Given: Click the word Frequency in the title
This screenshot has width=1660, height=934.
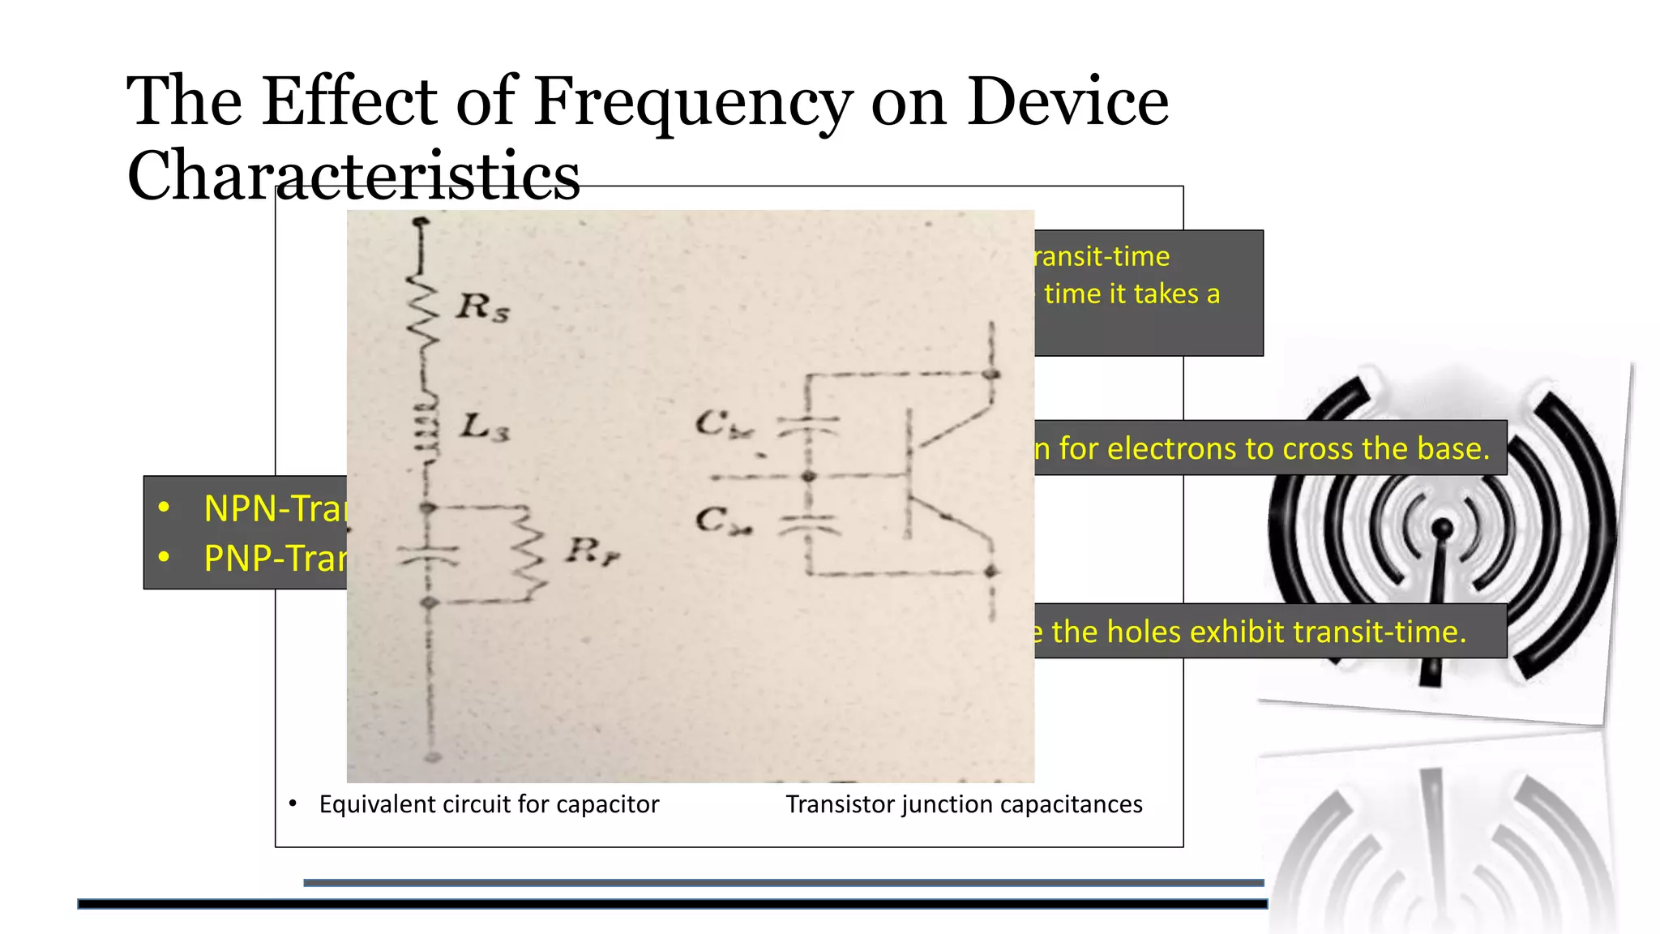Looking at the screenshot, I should [x=693, y=104].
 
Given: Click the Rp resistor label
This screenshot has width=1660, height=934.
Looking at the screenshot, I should [x=593, y=552].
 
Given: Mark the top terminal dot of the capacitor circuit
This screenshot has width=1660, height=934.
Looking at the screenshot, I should [x=420, y=221].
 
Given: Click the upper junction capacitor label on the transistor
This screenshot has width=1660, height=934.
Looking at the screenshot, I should [x=724, y=424].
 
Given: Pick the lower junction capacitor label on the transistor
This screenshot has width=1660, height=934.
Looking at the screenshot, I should [x=723, y=521].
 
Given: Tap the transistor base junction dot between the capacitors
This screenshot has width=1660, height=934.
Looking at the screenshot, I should [x=808, y=476].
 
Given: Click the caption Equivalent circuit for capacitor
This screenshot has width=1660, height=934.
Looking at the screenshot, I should [x=489, y=804].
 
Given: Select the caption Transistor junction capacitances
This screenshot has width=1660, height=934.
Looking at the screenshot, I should [x=964, y=804].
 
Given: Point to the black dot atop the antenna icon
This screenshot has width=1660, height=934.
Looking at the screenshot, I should [x=1443, y=529].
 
